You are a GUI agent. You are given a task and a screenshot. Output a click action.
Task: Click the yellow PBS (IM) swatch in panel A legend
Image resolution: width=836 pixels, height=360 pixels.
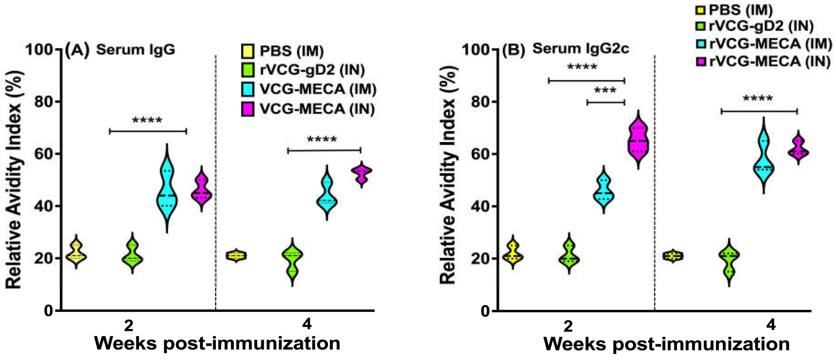point(248,51)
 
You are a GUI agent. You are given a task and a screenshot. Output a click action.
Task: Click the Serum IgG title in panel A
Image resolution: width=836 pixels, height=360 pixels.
point(135,50)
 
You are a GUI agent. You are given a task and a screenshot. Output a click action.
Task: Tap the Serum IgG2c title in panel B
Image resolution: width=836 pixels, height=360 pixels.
point(581,49)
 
